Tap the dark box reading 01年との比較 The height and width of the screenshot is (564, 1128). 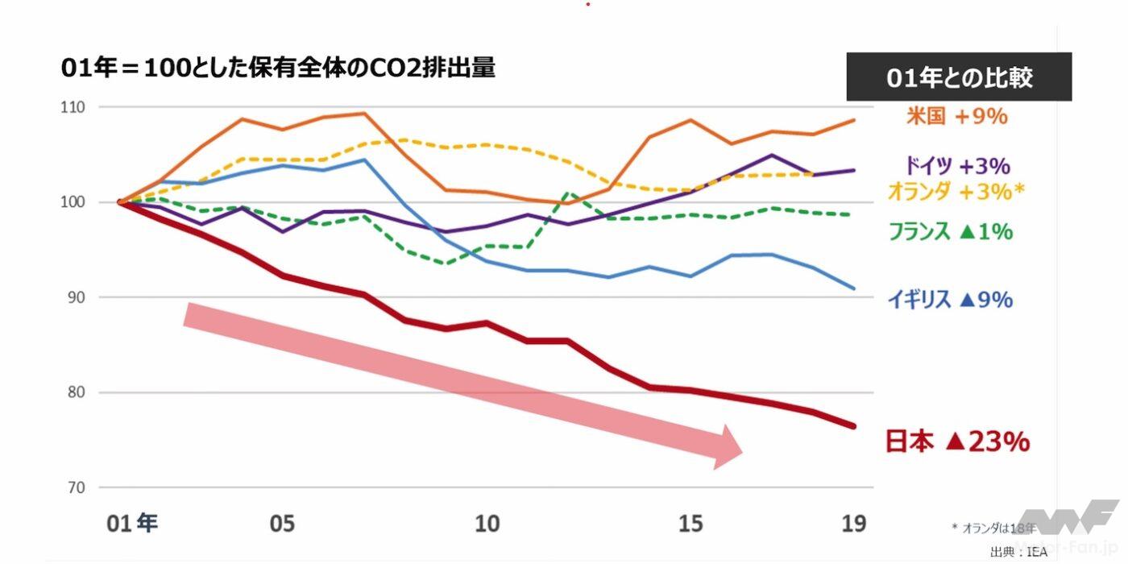tap(959, 77)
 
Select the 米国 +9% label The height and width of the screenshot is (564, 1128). tap(957, 116)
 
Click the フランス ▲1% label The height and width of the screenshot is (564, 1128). tap(950, 232)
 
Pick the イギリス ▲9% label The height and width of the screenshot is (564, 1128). tap(950, 300)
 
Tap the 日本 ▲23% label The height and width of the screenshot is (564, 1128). tap(957, 442)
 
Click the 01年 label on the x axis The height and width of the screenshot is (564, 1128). tap(132, 524)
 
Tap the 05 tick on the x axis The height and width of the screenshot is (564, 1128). tap(282, 524)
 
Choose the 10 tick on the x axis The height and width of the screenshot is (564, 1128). tap(487, 524)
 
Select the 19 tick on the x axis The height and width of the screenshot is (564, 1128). tap(854, 524)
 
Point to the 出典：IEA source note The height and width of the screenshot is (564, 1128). tap(1012, 552)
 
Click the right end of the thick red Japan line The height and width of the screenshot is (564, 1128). tap(853, 425)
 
